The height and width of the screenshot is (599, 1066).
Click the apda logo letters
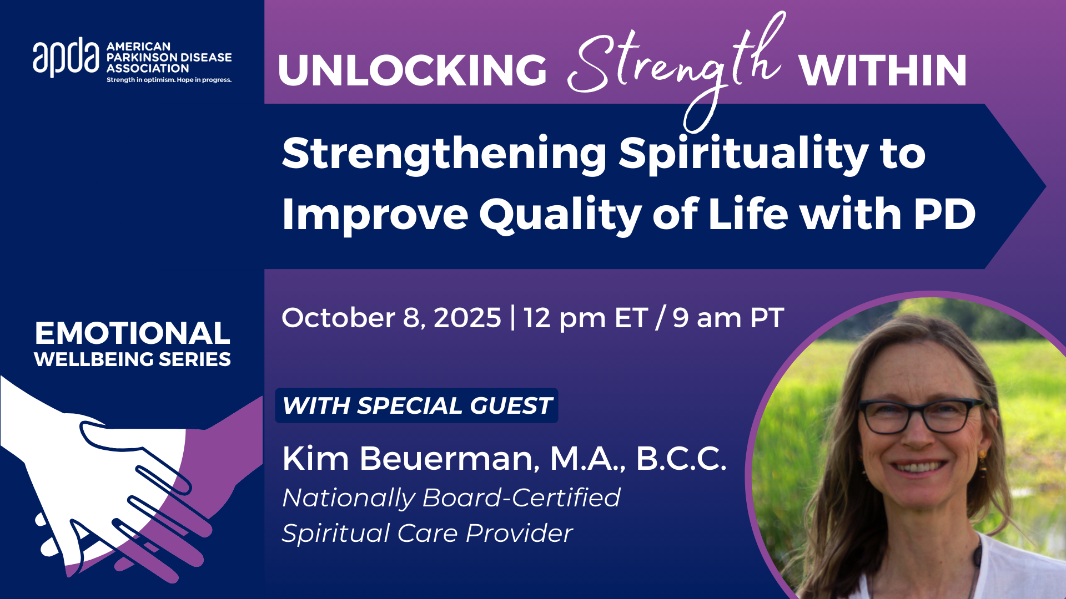(66, 57)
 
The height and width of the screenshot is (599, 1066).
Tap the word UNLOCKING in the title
(413, 70)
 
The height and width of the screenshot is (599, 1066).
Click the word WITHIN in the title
(883, 70)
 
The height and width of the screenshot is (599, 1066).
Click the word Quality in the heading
(561, 215)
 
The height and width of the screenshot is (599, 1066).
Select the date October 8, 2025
(391, 318)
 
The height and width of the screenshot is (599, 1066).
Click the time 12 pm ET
(585, 318)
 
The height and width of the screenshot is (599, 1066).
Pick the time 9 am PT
(728, 318)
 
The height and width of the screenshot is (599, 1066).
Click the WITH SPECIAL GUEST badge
(416, 405)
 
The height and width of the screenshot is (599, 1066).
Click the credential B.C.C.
(681, 459)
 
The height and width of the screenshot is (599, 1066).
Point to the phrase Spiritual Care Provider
(428, 534)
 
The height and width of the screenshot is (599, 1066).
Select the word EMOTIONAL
(132, 333)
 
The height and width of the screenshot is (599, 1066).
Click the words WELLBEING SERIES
(132, 359)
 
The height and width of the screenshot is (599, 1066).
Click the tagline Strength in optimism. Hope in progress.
(169, 80)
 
